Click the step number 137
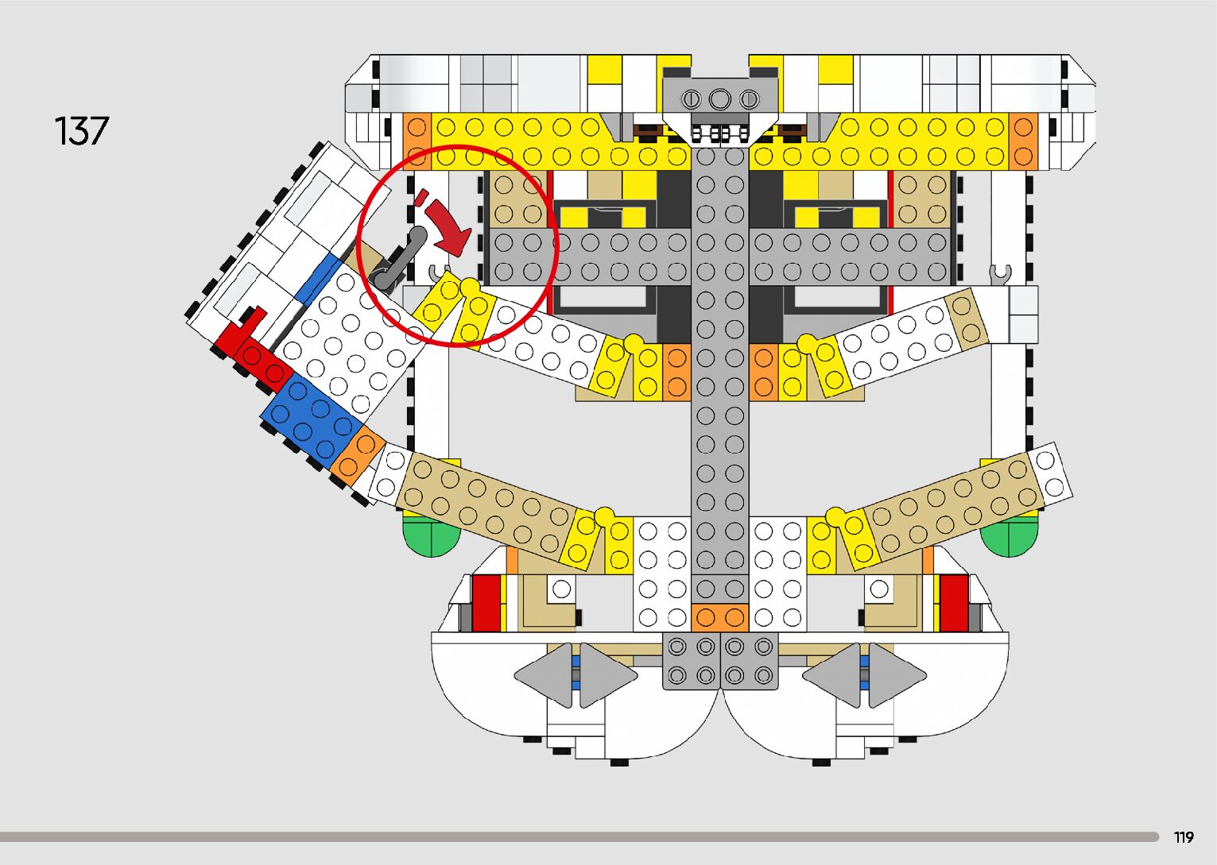(81, 131)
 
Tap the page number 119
(1184, 837)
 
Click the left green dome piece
(432, 537)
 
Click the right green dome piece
(1010, 537)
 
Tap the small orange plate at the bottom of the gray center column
(719, 617)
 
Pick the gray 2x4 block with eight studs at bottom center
(719, 661)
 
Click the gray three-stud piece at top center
(719, 99)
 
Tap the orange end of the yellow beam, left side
(417, 141)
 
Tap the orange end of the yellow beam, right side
(1024, 141)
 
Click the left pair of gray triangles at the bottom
(576, 676)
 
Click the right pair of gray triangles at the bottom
(864, 676)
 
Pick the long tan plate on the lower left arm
(485, 502)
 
